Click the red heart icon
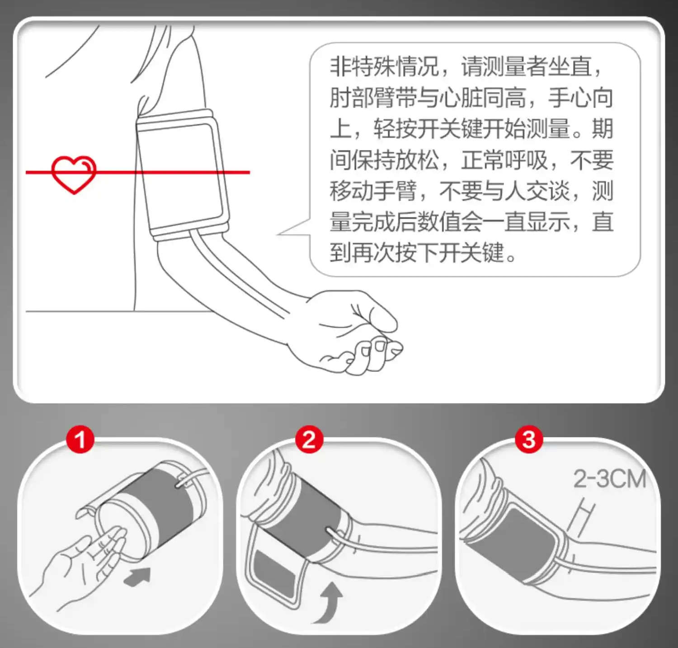74,174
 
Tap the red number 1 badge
80,439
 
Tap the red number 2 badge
309,439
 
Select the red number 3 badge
529,439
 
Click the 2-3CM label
610,479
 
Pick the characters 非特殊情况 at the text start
384,67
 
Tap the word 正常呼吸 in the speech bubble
504,160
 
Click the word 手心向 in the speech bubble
580,98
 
